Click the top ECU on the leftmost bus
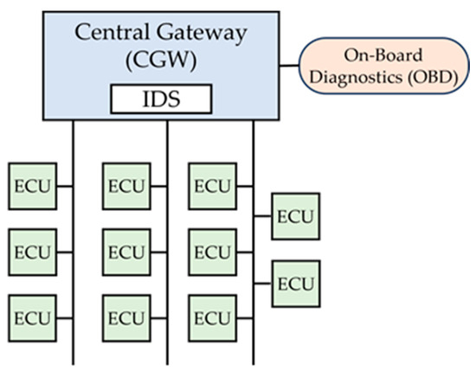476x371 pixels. [31, 185]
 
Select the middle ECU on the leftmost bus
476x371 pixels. [31, 252]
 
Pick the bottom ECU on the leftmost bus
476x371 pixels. [31, 318]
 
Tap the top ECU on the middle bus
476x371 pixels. [126, 185]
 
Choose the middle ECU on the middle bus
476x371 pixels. [126, 252]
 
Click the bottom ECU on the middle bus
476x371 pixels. [126, 318]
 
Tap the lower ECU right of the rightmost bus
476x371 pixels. [296, 283]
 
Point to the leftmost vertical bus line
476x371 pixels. [73, 346]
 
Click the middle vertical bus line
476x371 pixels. [167, 346]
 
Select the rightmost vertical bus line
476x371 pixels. [254, 346]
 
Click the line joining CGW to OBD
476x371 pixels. [290, 63]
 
